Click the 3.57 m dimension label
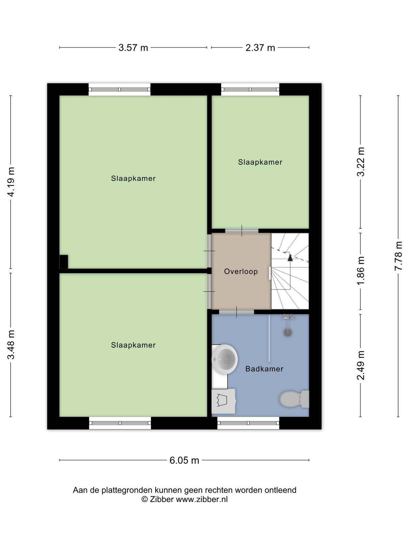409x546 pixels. tap(133, 47)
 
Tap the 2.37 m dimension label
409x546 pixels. tap(260, 47)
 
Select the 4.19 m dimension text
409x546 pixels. tap(11, 182)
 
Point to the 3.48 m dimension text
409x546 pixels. tap(11, 345)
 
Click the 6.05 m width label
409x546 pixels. tap(184, 460)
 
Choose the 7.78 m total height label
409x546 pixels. tap(398, 256)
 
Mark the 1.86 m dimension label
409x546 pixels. tap(361, 271)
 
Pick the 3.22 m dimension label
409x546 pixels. tap(361, 162)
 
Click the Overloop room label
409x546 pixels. tap(241, 271)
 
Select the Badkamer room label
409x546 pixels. tap(264, 369)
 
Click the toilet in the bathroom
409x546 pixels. tap(294, 399)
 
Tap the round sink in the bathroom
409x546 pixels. tap(225, 359)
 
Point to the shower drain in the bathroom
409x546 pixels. tap(288, 332)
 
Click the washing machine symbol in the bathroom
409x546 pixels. tap(223, 401)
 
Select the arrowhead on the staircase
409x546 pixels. tap(290, 258)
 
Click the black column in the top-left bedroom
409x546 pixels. tap(64, 262)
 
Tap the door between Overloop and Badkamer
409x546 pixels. tap(237, 312)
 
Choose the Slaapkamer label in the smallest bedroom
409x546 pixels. tap(260, 162)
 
